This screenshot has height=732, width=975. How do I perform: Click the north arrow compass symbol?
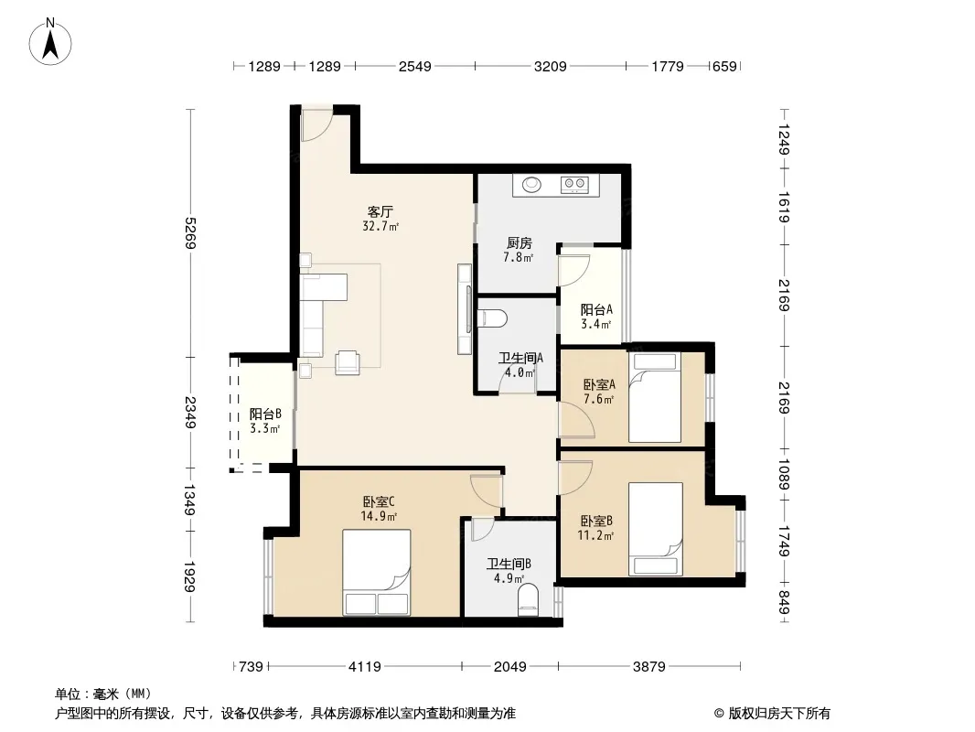50,42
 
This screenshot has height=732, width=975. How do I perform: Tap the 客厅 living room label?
380,211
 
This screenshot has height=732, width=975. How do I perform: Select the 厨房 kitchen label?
519,242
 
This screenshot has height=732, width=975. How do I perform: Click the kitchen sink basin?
531,184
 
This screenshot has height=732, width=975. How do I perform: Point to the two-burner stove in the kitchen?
573,184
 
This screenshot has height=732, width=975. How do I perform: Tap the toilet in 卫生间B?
529,599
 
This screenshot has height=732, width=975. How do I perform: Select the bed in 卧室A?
655,397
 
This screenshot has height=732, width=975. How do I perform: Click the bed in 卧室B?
656,529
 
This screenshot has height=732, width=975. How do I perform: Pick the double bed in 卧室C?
376,572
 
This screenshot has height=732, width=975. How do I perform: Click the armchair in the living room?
347,362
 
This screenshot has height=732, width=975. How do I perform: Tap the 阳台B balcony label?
265,414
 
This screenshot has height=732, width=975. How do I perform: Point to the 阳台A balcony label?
596,309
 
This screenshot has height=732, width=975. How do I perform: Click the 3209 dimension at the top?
551,66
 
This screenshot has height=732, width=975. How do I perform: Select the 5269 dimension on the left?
190,232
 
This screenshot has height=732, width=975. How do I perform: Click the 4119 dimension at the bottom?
364,667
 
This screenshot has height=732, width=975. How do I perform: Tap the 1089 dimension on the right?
784,474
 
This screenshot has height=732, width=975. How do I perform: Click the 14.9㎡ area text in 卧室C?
379,516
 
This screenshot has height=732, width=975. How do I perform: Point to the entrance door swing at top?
316,125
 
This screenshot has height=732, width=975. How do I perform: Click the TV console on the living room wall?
465,309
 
